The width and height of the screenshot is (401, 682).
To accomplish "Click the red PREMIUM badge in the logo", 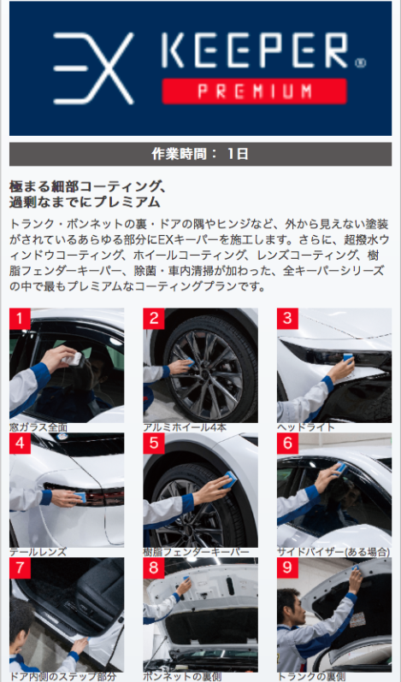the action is pos(255,91).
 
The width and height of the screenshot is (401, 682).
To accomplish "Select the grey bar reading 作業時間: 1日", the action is pos(200,154).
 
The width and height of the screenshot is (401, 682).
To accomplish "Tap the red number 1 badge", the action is pos(20,319).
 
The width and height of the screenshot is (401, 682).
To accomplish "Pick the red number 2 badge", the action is pos(154,319).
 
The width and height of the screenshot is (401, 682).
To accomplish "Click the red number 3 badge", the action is pos(287,319).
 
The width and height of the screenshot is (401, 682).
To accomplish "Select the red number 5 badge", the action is pos(154,444).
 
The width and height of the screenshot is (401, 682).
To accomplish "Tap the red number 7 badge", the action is pos(20,568).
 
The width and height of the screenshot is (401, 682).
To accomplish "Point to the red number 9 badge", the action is pos(287,568).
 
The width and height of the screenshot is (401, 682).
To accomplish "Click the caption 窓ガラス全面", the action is pos(38,427).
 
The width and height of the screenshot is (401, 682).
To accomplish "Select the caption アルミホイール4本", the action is pos(185,427).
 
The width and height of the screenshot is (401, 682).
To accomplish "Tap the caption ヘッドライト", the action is pos(306,427).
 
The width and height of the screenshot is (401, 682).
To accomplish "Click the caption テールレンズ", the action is pos(38,552).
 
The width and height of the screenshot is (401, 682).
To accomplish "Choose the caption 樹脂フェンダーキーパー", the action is pos(197,552).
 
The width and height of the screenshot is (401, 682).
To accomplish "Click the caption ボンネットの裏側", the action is pos(182,677).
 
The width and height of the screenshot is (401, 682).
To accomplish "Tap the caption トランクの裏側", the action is pos(311,677).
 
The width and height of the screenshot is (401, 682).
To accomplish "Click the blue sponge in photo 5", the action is pos(230,479).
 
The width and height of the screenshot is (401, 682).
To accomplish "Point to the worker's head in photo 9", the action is pos(289,603).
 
